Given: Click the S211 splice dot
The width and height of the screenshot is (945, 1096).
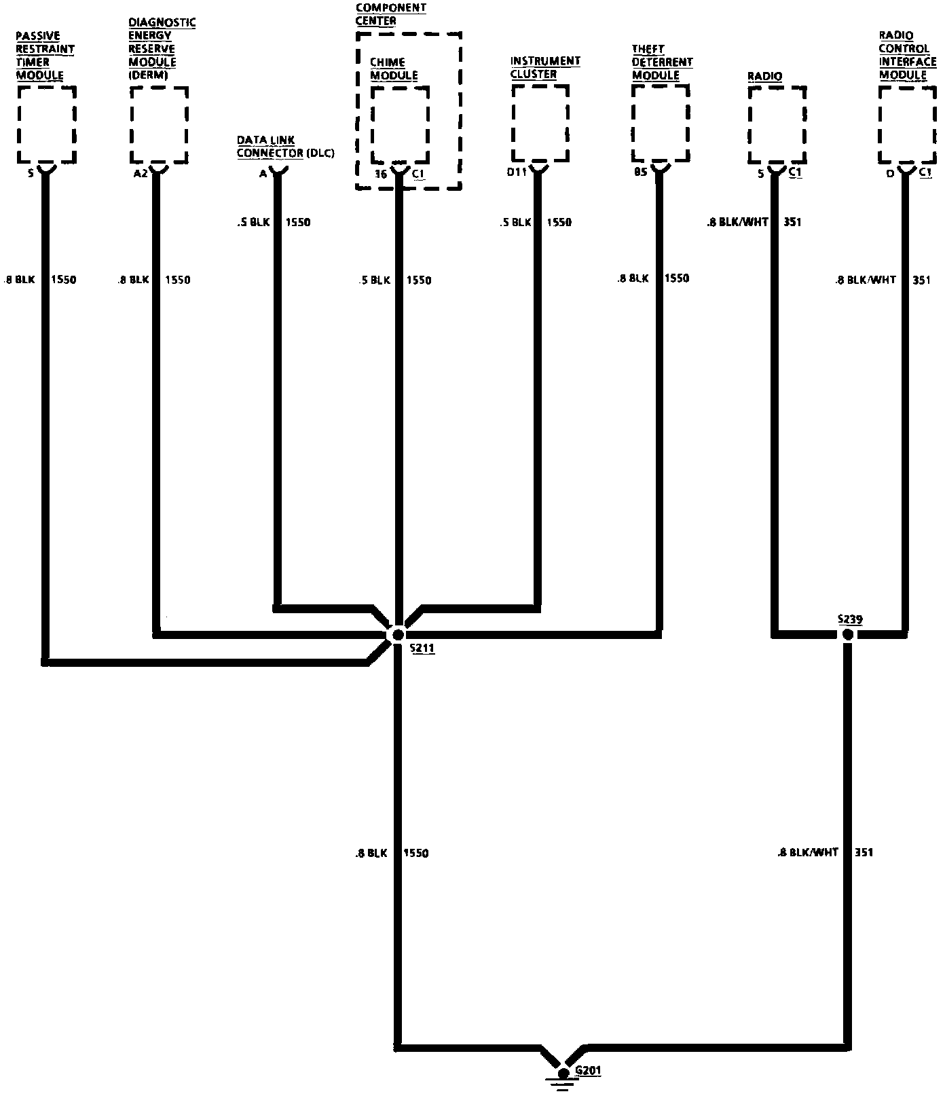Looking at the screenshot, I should (x=398, y=634).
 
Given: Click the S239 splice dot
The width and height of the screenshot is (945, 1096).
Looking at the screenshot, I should (x=847, y=634).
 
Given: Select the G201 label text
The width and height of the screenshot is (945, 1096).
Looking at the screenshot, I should (x=588, y=1071).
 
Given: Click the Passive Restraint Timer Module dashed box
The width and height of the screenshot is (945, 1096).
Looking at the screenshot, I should (x=46, y=124).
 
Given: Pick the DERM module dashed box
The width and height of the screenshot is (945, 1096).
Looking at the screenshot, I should (x=159, y=124).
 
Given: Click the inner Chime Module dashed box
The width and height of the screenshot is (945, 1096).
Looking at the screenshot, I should (x=400, y=124).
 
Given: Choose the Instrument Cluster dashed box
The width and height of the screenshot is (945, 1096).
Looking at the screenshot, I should (x=540, y=123).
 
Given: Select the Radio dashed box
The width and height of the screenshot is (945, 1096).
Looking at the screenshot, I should (x=777, y=124).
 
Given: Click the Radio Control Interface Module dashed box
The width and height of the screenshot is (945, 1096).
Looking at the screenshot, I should (x=908, y=124).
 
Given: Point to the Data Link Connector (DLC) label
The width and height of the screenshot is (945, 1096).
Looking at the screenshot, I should (x=285, y=147).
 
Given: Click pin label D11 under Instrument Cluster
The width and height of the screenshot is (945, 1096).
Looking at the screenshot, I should (x=517, y=172).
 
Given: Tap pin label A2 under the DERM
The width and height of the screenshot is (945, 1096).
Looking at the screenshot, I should (x=141, y=173).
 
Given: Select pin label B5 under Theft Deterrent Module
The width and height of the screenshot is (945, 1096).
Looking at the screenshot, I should (x=640, y=172).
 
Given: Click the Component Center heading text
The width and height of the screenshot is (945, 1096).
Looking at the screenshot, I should (x=390, y=14).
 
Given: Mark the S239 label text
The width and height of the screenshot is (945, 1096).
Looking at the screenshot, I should (x=850, y=619).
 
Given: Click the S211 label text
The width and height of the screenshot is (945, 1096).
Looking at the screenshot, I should (x=422, y=649).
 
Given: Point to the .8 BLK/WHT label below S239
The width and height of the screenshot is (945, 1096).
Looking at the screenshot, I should (x=808, y=852).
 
